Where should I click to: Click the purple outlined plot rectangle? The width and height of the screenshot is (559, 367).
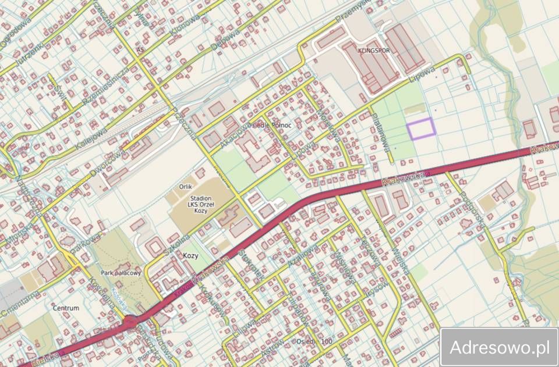[x=420, y=128]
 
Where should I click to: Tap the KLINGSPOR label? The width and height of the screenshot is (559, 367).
[x=374, y=51]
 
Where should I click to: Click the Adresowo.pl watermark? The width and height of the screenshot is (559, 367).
[x=499, y=348]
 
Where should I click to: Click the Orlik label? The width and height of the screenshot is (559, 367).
[x=186, y=187]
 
